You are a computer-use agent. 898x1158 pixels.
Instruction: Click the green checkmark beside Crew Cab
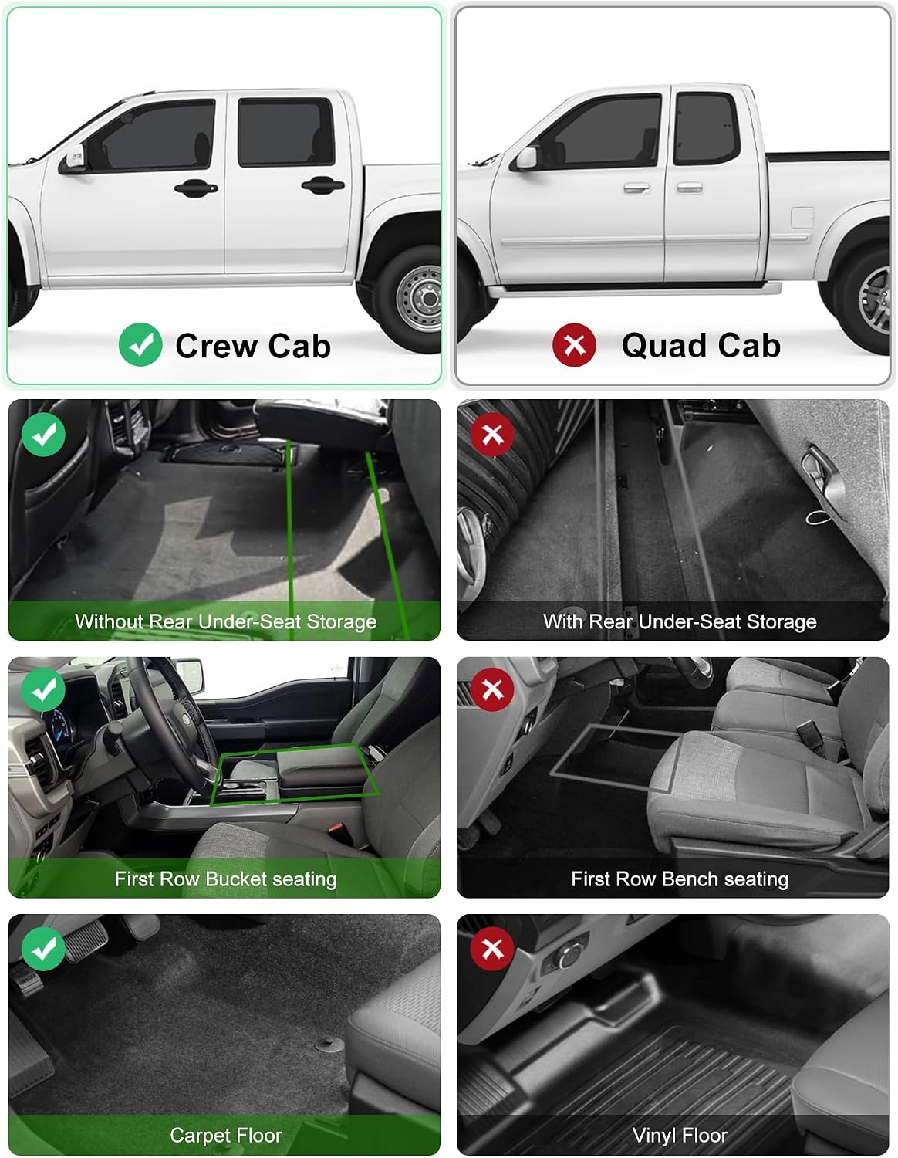coord(140,344)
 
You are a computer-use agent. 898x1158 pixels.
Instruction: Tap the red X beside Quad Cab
coord(574,345)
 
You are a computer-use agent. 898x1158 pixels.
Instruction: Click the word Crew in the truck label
coord(216,346)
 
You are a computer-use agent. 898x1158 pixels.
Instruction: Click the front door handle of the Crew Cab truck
coord(196,187)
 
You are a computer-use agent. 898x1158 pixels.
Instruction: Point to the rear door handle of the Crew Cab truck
coord(322,185)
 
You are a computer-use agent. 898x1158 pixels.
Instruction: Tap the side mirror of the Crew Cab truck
coord(75,160)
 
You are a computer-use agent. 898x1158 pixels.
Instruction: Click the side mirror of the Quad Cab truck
coord(526,157)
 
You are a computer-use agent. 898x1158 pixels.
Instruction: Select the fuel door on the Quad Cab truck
coord(802,218)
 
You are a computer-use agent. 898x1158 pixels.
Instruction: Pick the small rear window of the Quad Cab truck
coord(706,128)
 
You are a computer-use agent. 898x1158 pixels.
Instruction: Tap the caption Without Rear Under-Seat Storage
coord(226,621)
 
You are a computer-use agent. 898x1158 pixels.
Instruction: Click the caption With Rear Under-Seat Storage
coord(680,621)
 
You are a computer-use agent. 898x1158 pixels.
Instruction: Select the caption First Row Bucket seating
coord(226,879)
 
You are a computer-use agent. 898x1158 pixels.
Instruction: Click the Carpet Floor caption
coord(226,1135)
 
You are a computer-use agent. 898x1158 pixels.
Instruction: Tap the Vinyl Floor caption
coord(680,1135)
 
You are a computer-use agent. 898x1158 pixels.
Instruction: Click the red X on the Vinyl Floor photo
coord(492,948)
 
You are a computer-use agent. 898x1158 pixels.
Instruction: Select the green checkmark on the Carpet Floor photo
coord(44,948)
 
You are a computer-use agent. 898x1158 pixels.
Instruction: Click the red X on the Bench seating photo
coord(492,689)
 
